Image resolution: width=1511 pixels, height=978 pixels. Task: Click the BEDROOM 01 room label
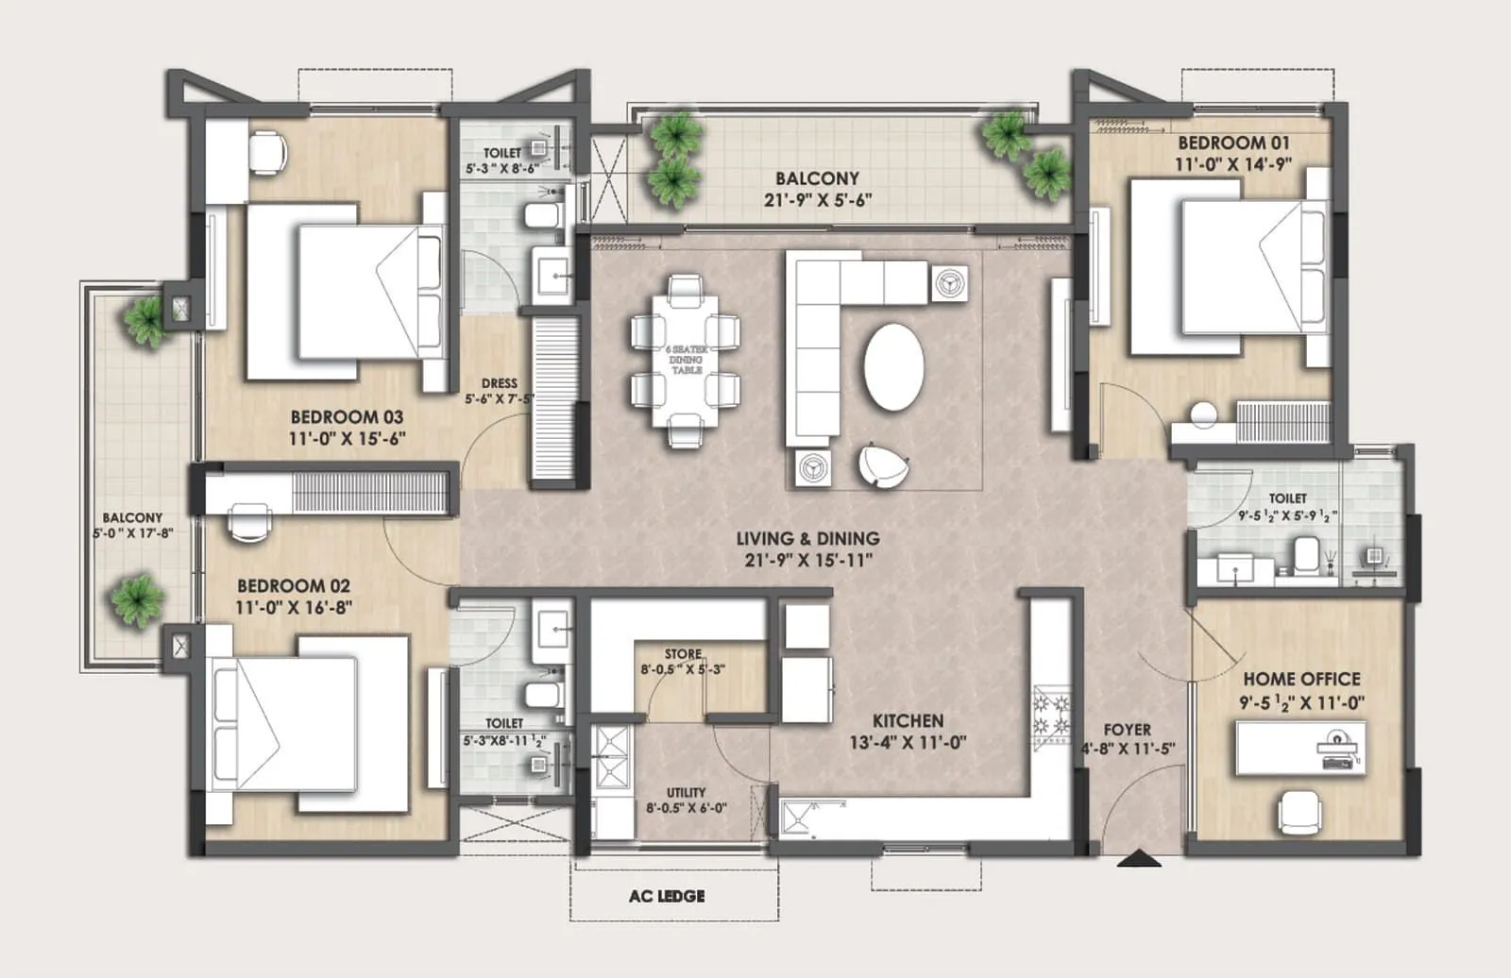click(x=1233, y=143)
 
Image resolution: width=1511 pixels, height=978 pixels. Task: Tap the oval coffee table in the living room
click(x=893, y=366)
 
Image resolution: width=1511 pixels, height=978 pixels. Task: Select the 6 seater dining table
click(x=687, y=361)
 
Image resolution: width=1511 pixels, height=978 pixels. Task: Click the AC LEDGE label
click(x=667, y=896)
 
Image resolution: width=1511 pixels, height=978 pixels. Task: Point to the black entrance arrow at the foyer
click(x=1139, y=858)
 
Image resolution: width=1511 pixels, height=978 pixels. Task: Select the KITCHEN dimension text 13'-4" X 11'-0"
click(x=908, y=743)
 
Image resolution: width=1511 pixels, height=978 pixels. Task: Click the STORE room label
click(x=682, y=653)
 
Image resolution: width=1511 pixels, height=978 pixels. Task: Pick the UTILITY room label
click(x=686, y=792)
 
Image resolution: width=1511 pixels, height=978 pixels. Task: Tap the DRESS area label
click(x=499, y=383)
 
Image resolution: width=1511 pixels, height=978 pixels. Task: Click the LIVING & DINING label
click(x=807, y=538)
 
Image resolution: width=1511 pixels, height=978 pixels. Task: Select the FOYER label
click(x=1127, y=730)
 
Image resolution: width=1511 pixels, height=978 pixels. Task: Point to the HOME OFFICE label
click(x=1301, y=679)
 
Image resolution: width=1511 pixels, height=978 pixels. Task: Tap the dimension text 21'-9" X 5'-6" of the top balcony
click(x=817, y=200)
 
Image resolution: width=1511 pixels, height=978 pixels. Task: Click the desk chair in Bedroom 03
click(x=268, y=151)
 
